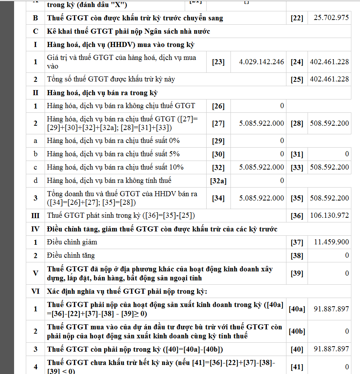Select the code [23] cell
(218, 62)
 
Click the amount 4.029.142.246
(261, 62)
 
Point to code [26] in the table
(218, 106)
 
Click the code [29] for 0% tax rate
(218, 141)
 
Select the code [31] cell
(297, 154)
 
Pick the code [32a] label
(218, 181)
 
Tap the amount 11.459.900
(331, 242)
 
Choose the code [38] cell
(297, 256)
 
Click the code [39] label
(297, 273)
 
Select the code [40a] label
(297, 309)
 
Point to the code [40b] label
(297, 331)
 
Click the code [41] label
(297, 367)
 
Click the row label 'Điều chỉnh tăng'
(71, 255)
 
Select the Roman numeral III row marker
(35, 215)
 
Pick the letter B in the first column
(36, 18)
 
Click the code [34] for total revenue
(218, 198)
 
